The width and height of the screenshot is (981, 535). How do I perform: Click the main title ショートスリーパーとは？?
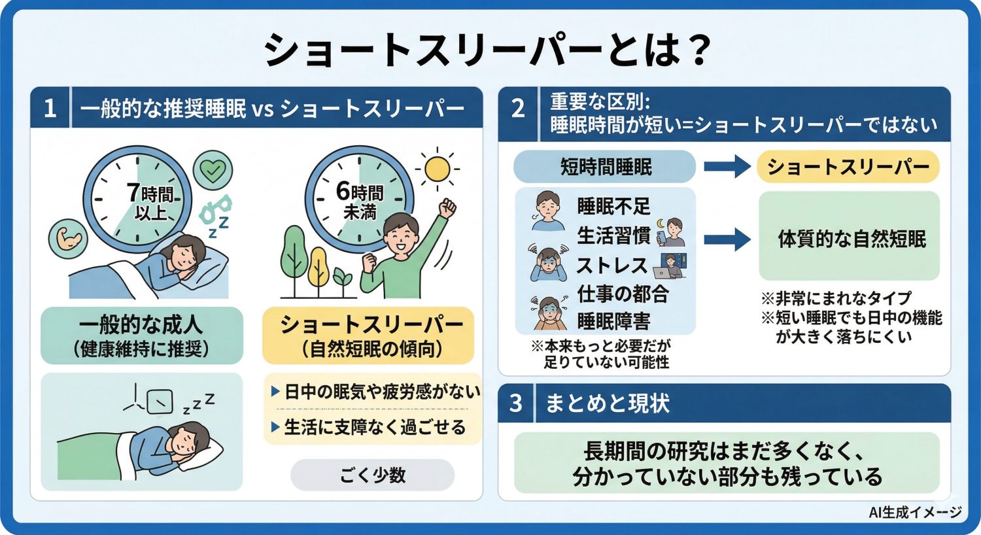tap(487, 50)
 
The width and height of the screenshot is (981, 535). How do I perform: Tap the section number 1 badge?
tap(50, 108)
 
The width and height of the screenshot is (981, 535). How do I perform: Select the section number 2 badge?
tap(518, 108)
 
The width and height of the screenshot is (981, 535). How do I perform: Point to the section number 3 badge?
tap(516, 403)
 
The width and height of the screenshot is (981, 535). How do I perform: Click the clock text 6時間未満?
tap(360, 201)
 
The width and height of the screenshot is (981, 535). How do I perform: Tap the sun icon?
tap(436, 169)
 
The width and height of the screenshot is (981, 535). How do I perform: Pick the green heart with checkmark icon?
tap(213, 170)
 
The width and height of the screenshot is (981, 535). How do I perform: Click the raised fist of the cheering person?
tap(448, 209)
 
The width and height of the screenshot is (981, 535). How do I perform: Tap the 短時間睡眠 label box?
tap(605, 167)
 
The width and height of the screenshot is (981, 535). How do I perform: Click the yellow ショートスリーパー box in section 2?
tap(848, 167)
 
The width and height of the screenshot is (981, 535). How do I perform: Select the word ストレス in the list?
tap(611, 266)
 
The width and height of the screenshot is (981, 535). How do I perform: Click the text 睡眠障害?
tap(613, 322)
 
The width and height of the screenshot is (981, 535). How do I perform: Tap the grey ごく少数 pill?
tap(372, 475)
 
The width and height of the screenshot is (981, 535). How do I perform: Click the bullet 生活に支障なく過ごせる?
tap(374, 427)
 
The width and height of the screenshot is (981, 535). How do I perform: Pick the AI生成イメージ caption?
tap(915, 513)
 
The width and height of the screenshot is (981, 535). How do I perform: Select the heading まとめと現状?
tap(608, 403)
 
